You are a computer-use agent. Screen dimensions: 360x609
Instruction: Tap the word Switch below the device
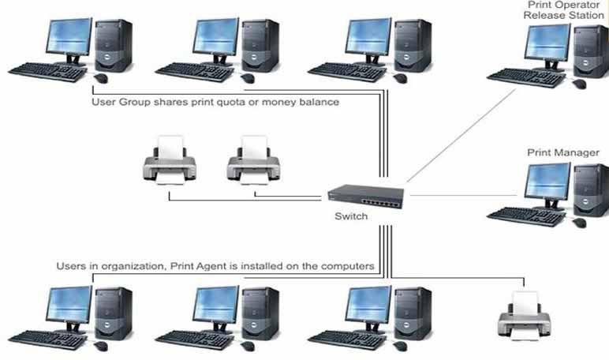(351, 216)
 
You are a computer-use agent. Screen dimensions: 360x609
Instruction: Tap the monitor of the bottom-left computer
(69, 309)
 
